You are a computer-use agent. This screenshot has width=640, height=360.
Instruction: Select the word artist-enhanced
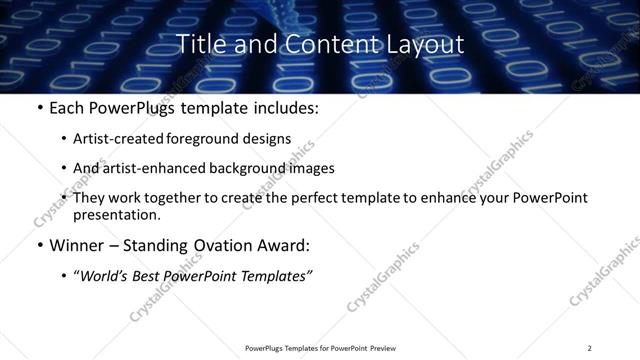click(x=147, y=168)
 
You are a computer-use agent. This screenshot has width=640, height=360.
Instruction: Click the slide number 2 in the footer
click(x=589, y=347)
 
